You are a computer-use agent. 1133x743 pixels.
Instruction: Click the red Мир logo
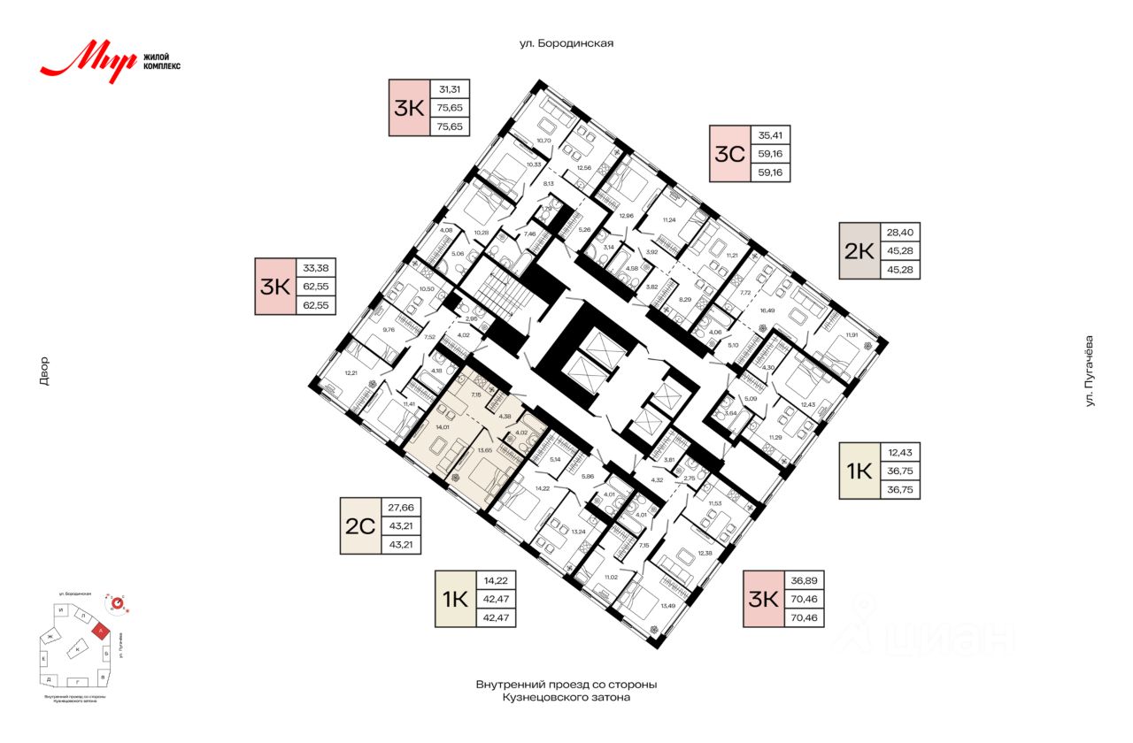point(89,63)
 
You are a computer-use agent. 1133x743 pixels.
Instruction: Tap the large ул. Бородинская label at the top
point(566,42)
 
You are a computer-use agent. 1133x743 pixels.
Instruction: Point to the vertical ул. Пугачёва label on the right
point(1090,371)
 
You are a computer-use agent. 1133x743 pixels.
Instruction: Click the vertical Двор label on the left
point(44,371)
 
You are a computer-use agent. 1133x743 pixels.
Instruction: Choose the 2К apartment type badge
point(859,250)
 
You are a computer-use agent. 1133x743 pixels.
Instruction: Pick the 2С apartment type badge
point(360,525)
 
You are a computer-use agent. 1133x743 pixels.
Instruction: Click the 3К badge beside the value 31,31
point(409,107)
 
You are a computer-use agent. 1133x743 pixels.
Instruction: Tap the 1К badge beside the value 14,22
point(455,599)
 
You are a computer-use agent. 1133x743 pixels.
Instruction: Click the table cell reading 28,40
point(900,233)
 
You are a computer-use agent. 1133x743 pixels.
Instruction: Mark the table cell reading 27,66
point(401,508)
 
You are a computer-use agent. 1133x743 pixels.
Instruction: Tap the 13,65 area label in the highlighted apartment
point(484,450)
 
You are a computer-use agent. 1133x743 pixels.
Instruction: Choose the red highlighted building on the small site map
point(103,631)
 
